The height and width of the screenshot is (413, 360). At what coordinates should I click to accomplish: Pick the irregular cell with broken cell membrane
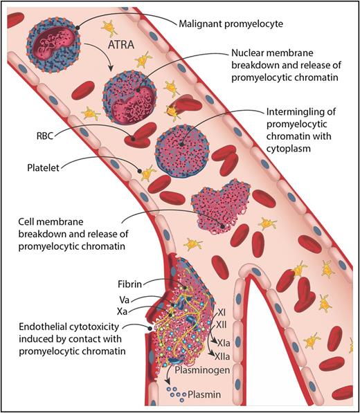point(216,207)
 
